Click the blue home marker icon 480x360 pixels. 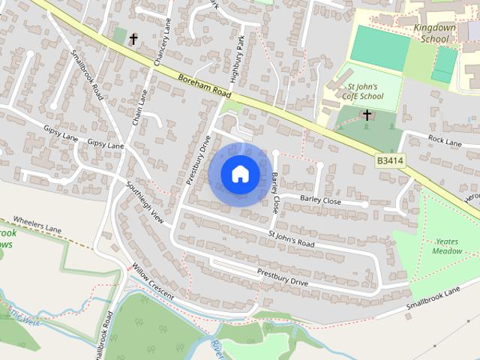(240, 174)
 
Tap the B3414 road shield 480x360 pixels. (390, 161)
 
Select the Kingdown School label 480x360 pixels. (435, 33)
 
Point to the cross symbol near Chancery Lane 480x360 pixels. (134, 38)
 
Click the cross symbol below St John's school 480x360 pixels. (367, 115)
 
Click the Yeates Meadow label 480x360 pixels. (448, 247)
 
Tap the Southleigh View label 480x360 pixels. (145, 203)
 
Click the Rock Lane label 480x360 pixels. (444, 140)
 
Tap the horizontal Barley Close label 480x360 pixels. (320, 201)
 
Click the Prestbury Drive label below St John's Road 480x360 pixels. (282, 277)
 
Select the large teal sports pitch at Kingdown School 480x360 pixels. (380, 47)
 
